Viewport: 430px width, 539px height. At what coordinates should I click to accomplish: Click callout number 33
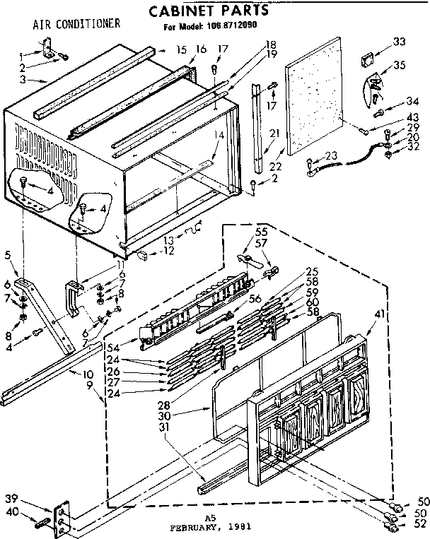click(x=400, y=42)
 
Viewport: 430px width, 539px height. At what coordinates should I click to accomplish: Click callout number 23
click(x=330, y=157)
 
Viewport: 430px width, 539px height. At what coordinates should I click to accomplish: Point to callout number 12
click(x=169, y=251)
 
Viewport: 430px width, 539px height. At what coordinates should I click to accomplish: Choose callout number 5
click(x=8, y=256)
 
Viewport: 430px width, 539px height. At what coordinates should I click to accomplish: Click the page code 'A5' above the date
click(x=209, y=518)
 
